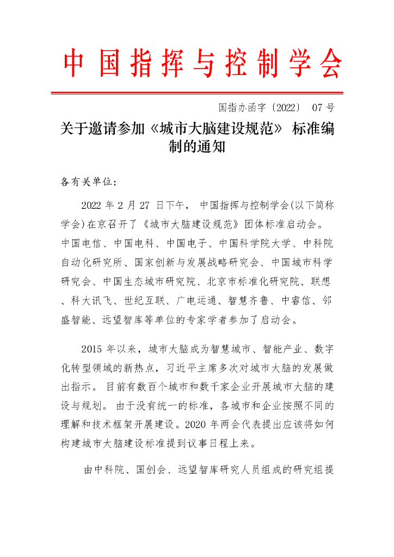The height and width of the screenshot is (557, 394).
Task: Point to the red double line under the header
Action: [x=197, y=93]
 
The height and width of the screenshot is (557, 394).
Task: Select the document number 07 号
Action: [x=323, y=107]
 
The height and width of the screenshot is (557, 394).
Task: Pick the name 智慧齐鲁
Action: [x=249, y=300]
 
